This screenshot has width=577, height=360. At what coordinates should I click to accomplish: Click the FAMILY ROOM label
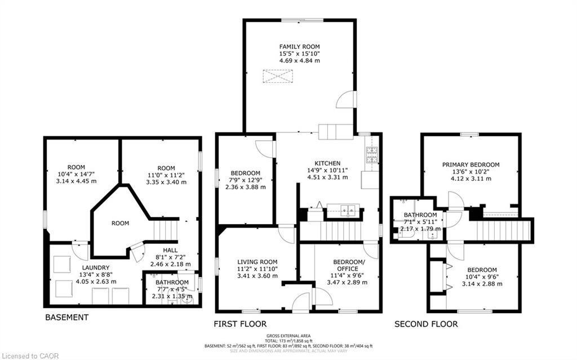click(x=299, y=46)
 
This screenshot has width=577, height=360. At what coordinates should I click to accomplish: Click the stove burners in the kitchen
click(x=372, y=155)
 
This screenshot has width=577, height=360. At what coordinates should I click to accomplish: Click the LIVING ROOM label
click(x=257, y=261)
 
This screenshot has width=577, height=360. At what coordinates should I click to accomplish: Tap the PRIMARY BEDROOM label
click(x=471, y=165)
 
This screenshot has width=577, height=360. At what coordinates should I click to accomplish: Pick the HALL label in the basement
click(x=170, y=250)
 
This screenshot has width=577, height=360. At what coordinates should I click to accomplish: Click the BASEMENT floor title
click(x=66, y=317)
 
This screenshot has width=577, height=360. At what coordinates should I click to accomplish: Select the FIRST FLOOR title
click(x=240, y=324)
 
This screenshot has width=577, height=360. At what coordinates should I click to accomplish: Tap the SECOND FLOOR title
click(x=425, y=324)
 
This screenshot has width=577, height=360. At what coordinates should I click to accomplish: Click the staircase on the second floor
click(x=503, y=230)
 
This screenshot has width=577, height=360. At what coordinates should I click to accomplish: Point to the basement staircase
click(x=165, y=229)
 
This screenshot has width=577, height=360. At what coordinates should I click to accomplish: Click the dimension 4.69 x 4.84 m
click(x=299, y=60)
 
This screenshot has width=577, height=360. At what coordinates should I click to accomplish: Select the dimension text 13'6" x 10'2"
click(x=471, y=172)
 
